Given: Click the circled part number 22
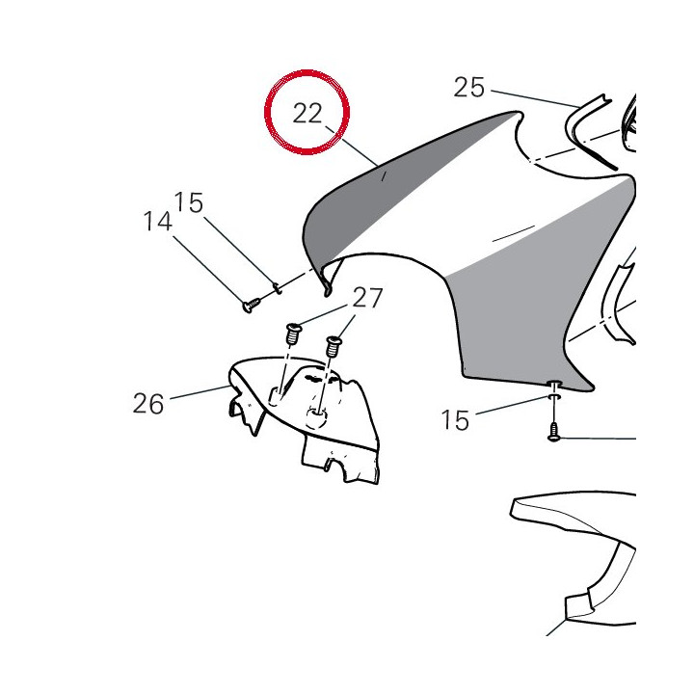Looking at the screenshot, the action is (x=307, y=114).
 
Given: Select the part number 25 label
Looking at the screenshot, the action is (x=469, y=87).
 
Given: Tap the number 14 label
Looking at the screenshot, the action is (x=157, y=222).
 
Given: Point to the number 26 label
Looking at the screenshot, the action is (x=148, y=404).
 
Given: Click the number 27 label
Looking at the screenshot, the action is (x=367, y=298).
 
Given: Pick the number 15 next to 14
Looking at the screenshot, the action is (x=189, y=202).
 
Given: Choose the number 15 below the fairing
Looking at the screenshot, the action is (x=455, y=420).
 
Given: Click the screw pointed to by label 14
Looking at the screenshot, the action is (x=251, y=305).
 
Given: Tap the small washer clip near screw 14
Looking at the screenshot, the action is (x=277, y=287).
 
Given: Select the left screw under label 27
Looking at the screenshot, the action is (x=293, y=334).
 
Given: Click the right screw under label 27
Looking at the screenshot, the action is (x=333, y=347).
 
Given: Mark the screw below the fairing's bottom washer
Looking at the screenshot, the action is (x=553, y=432).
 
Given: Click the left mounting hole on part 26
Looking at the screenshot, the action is (x=277, y=396).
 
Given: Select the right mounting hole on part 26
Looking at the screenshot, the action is (x=317, y=417).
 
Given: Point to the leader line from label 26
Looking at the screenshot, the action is (x=200, y=392).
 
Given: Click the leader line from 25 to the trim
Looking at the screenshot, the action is (x=535, y=98).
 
